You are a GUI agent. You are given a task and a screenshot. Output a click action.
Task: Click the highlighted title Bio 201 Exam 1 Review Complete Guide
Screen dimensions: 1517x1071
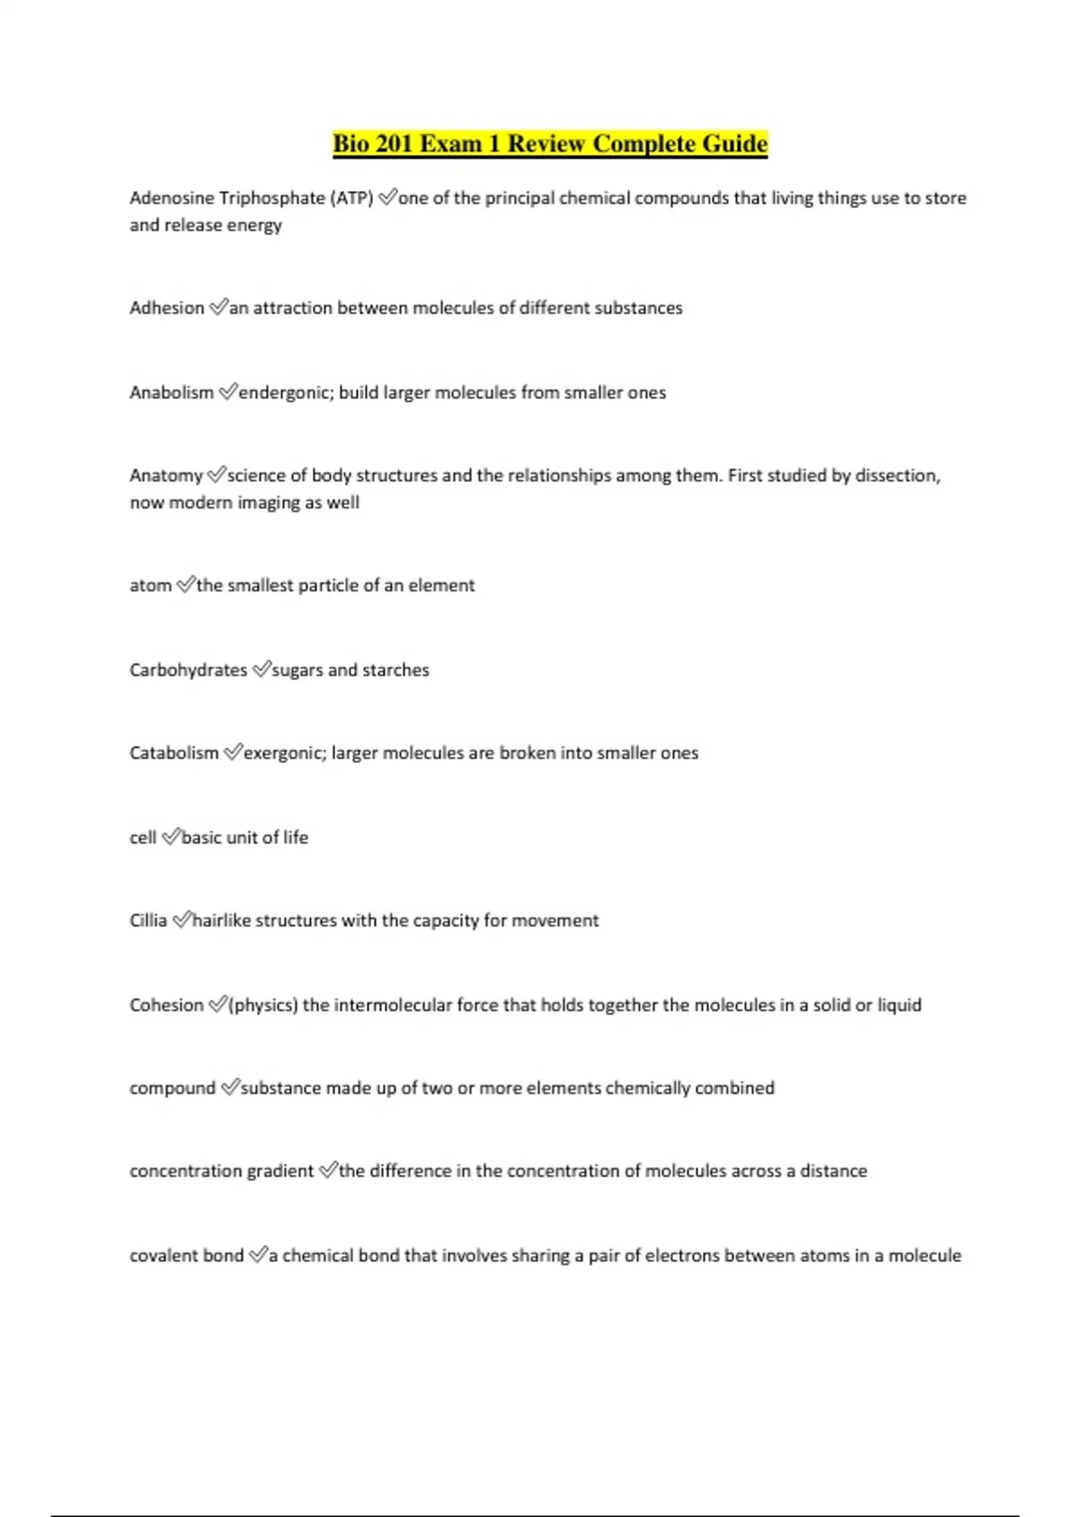(550, 144)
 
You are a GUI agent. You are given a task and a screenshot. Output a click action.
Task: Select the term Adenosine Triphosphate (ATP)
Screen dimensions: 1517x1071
(251, 198)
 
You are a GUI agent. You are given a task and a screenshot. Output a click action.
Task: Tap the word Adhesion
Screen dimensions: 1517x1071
(167, 308)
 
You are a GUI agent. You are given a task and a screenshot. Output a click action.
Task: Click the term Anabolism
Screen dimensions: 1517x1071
(171, 393)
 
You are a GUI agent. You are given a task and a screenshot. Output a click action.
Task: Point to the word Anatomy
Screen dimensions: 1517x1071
(166, 476)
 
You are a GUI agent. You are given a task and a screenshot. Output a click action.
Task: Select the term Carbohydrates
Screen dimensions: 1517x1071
(188, 670)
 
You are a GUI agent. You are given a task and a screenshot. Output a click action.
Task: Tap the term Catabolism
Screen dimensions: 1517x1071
(174, 753)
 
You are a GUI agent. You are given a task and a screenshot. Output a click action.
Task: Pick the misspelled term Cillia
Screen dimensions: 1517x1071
(148, 921)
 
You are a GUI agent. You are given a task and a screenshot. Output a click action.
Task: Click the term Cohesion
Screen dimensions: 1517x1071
(167, 1006)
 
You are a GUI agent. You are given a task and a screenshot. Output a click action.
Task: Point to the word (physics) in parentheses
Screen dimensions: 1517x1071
(263, 1006)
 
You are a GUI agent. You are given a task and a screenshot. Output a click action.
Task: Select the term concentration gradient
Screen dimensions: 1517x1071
(221, 1171)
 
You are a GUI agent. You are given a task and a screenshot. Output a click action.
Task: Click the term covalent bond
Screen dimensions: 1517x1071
(187, 1256)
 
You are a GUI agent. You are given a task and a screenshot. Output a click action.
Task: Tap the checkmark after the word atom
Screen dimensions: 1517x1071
(186, 585)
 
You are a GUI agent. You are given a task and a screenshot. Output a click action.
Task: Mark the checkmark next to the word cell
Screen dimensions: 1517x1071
(170, 837)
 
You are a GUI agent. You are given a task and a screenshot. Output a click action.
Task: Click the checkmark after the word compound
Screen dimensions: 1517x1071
(229, 1088)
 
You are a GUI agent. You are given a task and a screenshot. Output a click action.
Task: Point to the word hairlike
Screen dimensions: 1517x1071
(222, 921)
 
